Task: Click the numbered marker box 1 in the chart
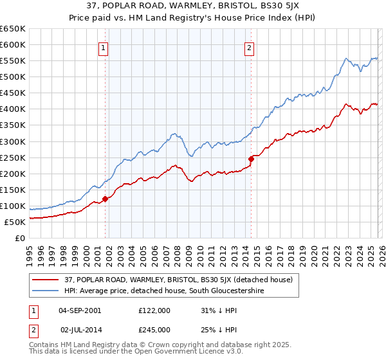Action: coord(104,47)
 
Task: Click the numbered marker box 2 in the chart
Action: coord(250,47)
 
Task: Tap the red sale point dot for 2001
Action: coord(105,199)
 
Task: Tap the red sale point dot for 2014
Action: coord(251,159)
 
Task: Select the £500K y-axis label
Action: coord(13,77)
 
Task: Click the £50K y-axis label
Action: coord(15,222)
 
